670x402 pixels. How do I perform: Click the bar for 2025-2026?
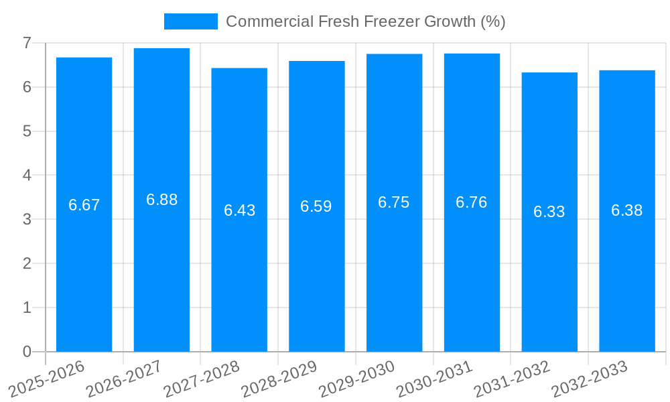[x=84, y=268]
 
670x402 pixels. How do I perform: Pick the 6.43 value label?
[x=239, y=210]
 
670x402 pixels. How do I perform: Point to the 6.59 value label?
[x=316, y=206]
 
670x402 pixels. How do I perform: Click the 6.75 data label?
[x=394, y=203]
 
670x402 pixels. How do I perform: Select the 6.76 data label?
[x=472, y=202]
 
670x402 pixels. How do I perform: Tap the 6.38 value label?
[x=627, y=210]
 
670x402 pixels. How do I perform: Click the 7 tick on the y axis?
[x=27, y=43]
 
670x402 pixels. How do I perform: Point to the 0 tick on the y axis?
[x=27, y=352]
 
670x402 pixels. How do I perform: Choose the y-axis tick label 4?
[x=27, y=176]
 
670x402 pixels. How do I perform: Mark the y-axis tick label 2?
[x=27, y=263]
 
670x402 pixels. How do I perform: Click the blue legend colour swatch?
[x=191, y=21]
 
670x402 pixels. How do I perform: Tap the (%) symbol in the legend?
[x=492, y=21]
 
